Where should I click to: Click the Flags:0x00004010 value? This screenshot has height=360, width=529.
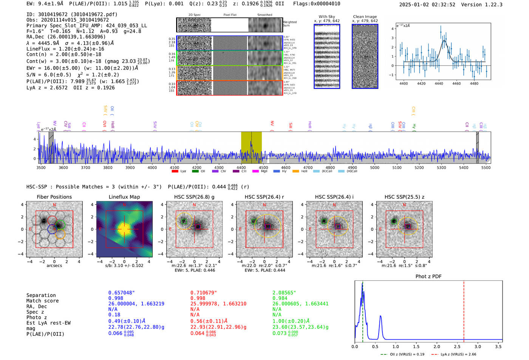[x=317, y=4]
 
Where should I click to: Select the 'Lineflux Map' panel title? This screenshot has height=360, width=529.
[x=124, y=197]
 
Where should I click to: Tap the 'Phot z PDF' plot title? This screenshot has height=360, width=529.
[x=428, y=277]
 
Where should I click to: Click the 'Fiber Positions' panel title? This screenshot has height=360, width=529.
[x=54, y=197]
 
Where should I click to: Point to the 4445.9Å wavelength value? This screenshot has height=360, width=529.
[x=48, y=43]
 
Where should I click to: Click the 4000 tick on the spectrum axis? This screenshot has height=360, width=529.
[x=152, y=168]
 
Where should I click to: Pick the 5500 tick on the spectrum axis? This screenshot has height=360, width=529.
[x=486, y=168]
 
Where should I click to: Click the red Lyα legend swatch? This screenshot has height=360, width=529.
[x=175, y=172]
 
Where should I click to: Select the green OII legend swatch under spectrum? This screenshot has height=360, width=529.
[x=195, y=172]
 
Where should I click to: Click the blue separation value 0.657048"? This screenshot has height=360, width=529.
[x=122, y=293]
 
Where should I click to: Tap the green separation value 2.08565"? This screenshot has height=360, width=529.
[x=284, y=293]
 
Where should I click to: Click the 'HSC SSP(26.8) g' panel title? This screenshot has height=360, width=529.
[x=194, y=197]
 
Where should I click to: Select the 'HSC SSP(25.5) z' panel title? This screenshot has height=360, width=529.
[x=404, y=197]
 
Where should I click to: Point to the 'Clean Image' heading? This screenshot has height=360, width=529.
[x=365, y=17]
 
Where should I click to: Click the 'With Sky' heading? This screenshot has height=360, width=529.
[x=326, y=17]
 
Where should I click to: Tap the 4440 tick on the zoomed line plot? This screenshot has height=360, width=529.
[x=439, y=83]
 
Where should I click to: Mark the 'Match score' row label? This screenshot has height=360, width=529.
[x=42, y=301]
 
